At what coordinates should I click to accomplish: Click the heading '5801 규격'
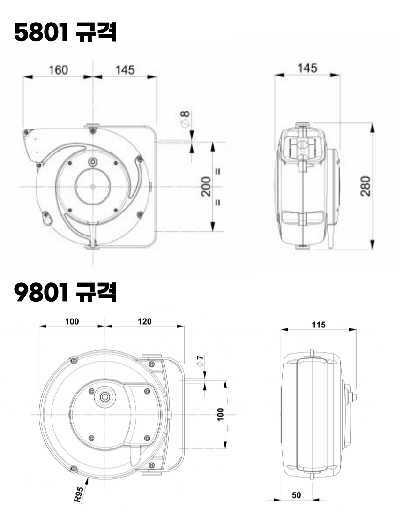coord(65,32)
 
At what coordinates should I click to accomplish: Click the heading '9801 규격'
coord(65,292)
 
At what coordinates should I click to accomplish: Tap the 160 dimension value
coord(58,70)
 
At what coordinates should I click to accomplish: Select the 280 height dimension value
coord(366,186)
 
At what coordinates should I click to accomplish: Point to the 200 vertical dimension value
coord(206,187)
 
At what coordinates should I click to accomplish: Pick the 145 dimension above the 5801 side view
coord(307,68)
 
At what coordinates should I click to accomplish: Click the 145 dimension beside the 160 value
coord(125,70)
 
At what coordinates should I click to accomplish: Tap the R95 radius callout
coord(79,494)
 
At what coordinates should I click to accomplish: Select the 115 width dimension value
coord(319,325)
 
